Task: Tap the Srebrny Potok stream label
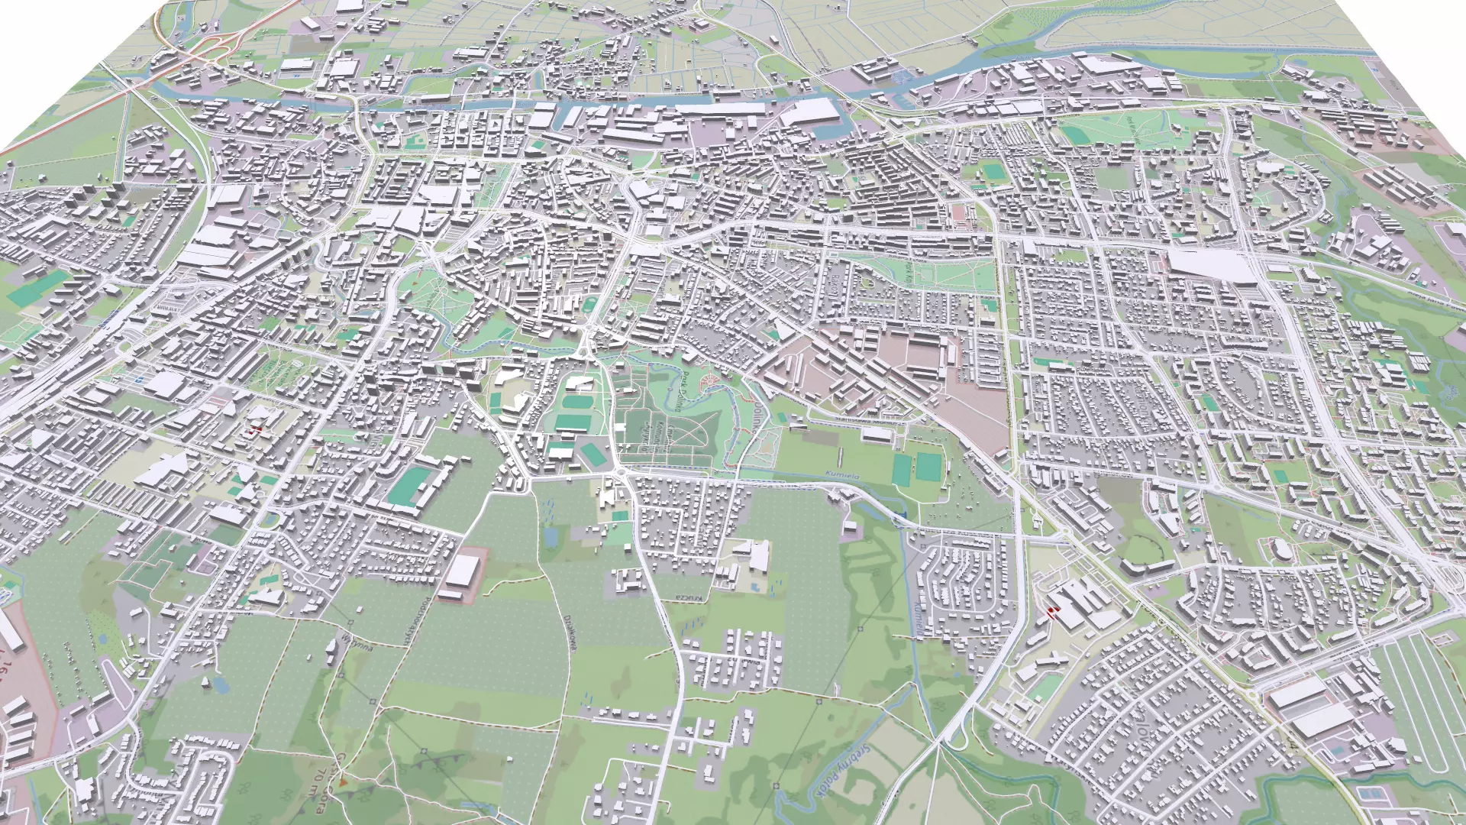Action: [841, 772]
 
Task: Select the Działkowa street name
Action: [569, 632]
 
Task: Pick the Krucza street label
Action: [688, 597]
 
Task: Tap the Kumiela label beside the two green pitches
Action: [841, 475]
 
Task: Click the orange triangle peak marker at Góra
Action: [343, 781]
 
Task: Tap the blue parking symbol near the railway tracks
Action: [139, 379]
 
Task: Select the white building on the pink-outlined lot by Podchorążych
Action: [464, 570]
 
